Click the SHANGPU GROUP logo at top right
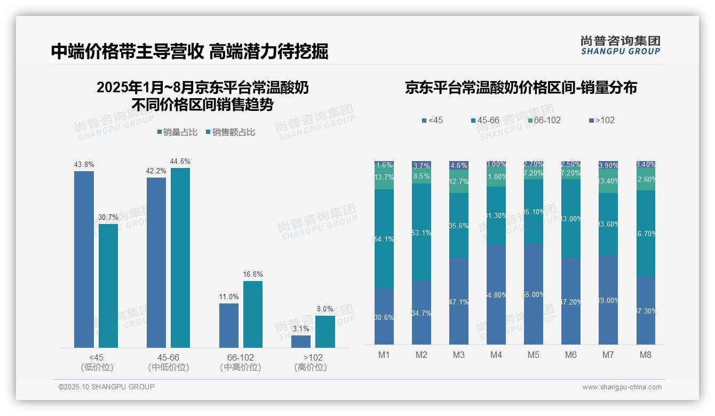click(620, 45)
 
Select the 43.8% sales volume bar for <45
click(84, 259)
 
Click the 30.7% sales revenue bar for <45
click(108, 286)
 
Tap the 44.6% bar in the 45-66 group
click(180, 258)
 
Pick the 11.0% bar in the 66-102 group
click(229, 325)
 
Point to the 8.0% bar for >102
click(325, 332)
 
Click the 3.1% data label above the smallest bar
click(301, 329)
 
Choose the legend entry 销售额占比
click(231, 132)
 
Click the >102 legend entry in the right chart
click(601, 121)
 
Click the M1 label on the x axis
click(384, 355)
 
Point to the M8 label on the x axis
click(646, 355)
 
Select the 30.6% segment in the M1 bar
click(384, 317)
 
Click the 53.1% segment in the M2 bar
click(422, 233)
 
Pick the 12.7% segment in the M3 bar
click(459, 182)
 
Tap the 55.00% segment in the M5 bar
click(534, 294)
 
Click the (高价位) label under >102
click(310, 367)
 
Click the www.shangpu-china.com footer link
click(622, 387)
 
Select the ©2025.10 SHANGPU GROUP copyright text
click(107, 387)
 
